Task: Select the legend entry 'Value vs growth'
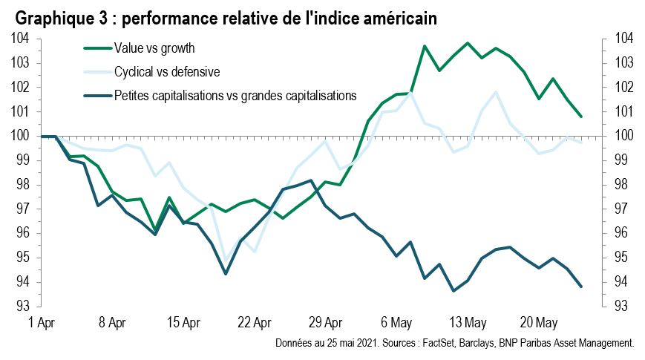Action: [154, 48]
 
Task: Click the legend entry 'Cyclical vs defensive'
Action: [167, 72]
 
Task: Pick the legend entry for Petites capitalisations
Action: [235, 95]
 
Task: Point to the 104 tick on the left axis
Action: [20, 39]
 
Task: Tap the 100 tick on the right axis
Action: [622, 136]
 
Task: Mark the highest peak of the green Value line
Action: [468, 43]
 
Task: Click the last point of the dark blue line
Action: [580, 287]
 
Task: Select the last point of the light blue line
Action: [580, 142]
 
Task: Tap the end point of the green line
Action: [580, 116]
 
